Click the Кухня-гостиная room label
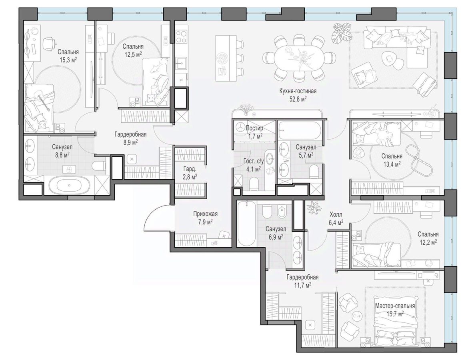[x=298, y=91]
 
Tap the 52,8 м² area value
[x=298, y=99]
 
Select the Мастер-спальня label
[x=395, y=306]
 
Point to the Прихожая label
[x=206, y=214]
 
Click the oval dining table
[x=299, y=57]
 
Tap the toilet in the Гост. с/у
[x=254, y=183]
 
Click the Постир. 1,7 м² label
[x=255, y=132]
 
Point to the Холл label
[x=336, y=215]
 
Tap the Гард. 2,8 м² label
[x=190, y=172]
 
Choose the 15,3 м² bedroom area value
[x=68, y=60]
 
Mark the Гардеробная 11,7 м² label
[x=303, y=281]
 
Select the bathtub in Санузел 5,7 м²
[x=299, y=131]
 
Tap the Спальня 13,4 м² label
[x=392, y=160]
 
